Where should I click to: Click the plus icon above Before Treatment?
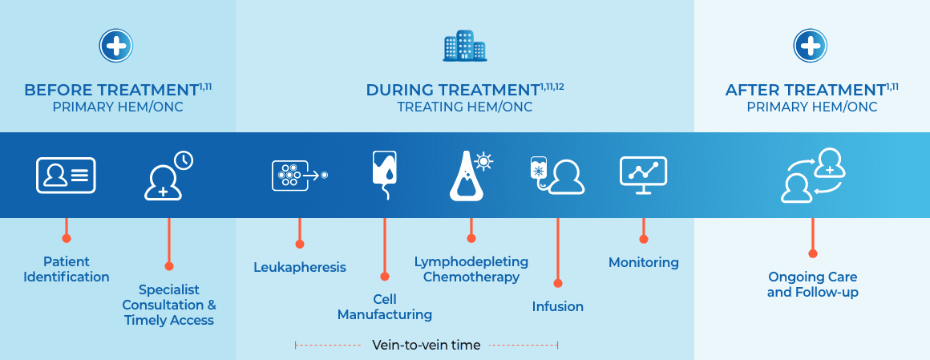click(116, 46)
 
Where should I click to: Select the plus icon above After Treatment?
click(811, 46)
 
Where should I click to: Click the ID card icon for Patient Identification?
click(66, 175)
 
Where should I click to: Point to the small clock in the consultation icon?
click(184, 160)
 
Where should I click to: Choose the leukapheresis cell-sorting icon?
click(300, 176)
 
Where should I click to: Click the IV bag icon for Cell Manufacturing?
click(384, 174)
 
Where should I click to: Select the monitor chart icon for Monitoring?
click(644, 175)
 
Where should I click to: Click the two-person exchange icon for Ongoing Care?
click(813, 175)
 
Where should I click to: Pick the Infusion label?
click(557, 306)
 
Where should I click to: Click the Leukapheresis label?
click(300, 268)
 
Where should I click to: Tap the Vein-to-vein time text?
click(426, 345)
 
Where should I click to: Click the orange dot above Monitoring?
click(644, 239)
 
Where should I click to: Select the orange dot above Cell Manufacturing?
click(384, 277)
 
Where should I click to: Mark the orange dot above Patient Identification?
click(66, 238)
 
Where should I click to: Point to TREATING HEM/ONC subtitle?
click(464, 107)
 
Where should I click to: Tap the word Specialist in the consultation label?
click(169, 290)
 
